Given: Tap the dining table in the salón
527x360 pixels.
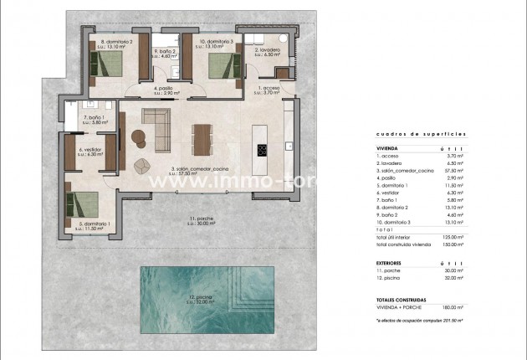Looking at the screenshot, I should (201, 140).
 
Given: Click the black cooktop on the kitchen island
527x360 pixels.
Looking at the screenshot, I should (261, 151).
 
